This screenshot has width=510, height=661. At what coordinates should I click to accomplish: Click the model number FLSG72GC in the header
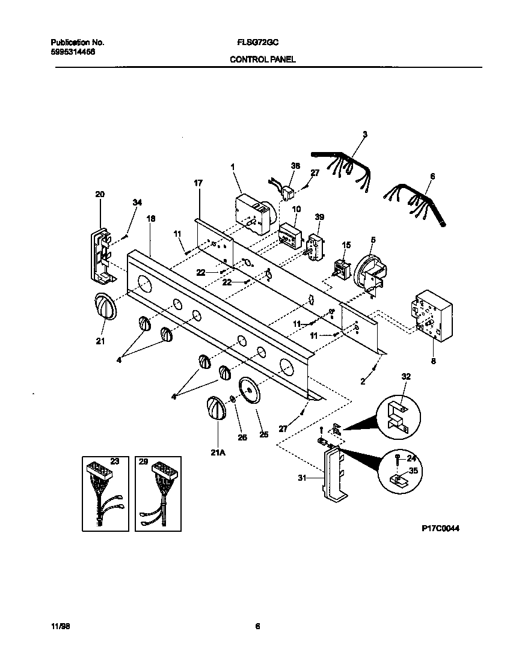[257, 43]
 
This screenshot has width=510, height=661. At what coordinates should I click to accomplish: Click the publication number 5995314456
[72, 52]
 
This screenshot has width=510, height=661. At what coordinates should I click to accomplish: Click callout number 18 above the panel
[150, 219]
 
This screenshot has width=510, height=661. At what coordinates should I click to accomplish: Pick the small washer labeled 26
[232, 399]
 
